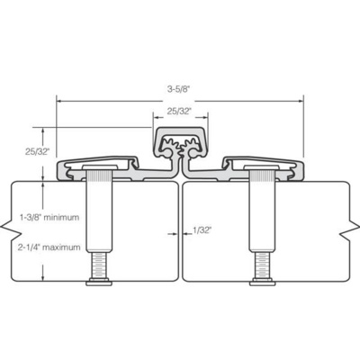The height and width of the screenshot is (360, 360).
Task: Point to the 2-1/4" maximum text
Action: [51, 247]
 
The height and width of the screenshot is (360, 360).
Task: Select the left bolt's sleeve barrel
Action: [99, 216]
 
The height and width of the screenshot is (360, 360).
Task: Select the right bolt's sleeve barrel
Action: [260, 216]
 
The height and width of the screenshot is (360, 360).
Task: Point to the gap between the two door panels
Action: [180, 234]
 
